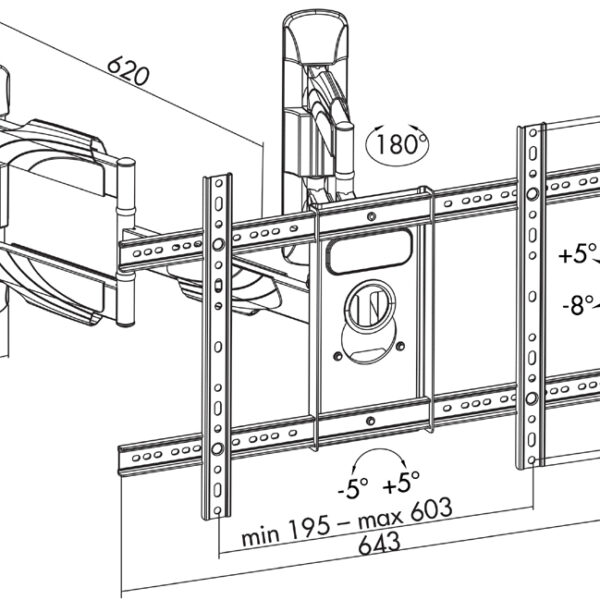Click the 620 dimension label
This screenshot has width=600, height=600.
point(127,71)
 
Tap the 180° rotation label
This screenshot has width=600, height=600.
point(398,144)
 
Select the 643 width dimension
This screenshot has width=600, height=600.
point(380,543)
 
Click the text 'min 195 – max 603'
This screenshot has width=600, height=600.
point(347,522)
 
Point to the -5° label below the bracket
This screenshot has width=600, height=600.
point(353,488)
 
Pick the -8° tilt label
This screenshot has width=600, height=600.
point(578,305)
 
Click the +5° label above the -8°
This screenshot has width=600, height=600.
point(578,253)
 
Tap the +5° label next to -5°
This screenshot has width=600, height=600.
point(401,481)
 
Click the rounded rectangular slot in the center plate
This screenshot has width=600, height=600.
point(369,251)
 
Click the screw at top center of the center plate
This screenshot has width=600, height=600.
point(371,217)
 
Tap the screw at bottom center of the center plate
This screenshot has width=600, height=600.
point(370,421)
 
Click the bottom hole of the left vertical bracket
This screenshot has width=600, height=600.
point(218,510)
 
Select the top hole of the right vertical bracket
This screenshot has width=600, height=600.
point(533,133)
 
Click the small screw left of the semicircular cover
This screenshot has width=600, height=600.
point(338,356)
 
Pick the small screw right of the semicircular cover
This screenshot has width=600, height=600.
point(400,346)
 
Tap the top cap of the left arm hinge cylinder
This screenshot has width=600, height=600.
point(126,163)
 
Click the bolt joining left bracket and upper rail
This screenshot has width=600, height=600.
point(218,244)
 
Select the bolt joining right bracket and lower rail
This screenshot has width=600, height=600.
point(532,399)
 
